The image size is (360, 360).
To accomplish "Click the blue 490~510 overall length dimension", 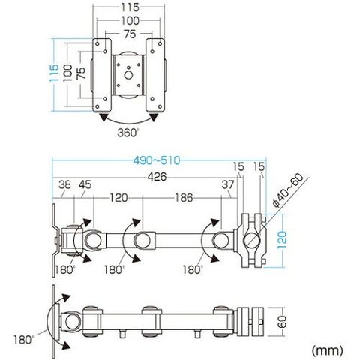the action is pos(157,160).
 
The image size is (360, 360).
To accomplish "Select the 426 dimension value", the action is pos(157,177).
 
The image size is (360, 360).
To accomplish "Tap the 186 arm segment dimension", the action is pos(184,198).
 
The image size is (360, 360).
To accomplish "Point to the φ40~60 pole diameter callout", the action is pos(289,190).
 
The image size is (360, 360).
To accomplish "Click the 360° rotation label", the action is pos(127,133).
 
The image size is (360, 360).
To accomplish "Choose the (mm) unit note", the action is pos(327,350).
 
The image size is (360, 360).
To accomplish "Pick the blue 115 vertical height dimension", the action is pos(54,73).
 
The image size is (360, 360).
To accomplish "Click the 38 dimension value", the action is pos(64,185).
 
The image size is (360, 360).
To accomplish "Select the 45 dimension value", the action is pos(85,185).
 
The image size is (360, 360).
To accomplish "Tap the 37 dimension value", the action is pos(228,185).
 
